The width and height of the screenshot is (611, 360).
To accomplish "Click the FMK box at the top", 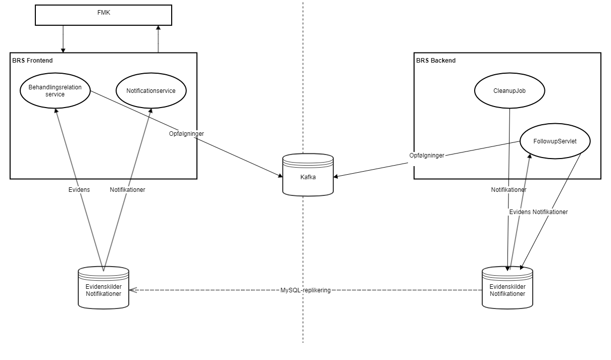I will coord(103,15).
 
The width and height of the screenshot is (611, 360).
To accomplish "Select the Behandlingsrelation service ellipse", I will coord(55,91).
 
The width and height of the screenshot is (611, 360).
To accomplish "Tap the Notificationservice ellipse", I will coord(151,91).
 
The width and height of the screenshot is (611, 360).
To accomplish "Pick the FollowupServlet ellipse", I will coord(555,141).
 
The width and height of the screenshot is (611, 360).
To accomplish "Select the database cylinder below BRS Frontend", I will coord(104,287).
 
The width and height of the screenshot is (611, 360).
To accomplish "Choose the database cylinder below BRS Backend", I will coord(507,287).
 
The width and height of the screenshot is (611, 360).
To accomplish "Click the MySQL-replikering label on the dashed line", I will coord(305,290).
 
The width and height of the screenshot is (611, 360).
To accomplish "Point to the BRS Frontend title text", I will coord(32,61).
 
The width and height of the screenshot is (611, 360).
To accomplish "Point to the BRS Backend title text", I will coord(436,61).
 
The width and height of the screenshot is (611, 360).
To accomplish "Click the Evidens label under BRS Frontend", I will coord(80,190).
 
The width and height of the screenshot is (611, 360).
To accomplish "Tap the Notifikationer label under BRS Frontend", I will coord(128,190).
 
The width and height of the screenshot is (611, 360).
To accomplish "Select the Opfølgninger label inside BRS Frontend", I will coord(186,134).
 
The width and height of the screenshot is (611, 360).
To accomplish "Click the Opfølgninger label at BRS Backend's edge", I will coord(427,156).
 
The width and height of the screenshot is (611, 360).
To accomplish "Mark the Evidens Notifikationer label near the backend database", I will coord(538,212).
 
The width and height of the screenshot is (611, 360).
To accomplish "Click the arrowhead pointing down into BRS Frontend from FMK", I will coord(63,50).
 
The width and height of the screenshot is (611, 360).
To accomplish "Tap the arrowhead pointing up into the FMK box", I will coord(159,28).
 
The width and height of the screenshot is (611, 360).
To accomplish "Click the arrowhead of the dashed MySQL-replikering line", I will coord(132,290).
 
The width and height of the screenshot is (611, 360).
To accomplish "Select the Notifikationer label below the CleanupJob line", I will coord(508,190).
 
